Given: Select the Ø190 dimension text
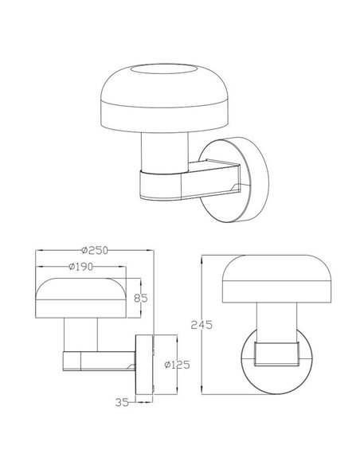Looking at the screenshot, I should pos(84,266).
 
